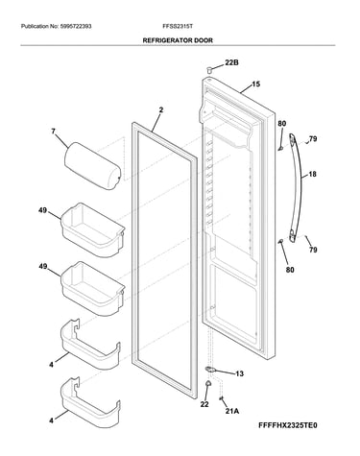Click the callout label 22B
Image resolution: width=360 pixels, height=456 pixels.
pyautogui.click(x=231, y=62)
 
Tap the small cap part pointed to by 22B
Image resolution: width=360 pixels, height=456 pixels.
pyautogui.click(x=209, y=69)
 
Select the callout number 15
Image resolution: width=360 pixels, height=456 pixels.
pyautogui.click(x=256, y=84)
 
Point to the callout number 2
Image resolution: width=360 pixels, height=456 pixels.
pyautogui.click(x=161, y=110)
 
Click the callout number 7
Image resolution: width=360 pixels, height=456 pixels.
pyautogui.click(x=53, y=132)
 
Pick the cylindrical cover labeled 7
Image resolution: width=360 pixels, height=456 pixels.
pyautogui.click(x=92, y=166)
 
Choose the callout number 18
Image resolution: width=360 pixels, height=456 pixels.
pyautogui.click(x=312, y=174)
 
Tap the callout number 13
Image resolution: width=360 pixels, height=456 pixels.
pyautogui.click(x=239, y=373)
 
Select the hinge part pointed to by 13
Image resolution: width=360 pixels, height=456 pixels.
pyautogui.click(x=211, y=370)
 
